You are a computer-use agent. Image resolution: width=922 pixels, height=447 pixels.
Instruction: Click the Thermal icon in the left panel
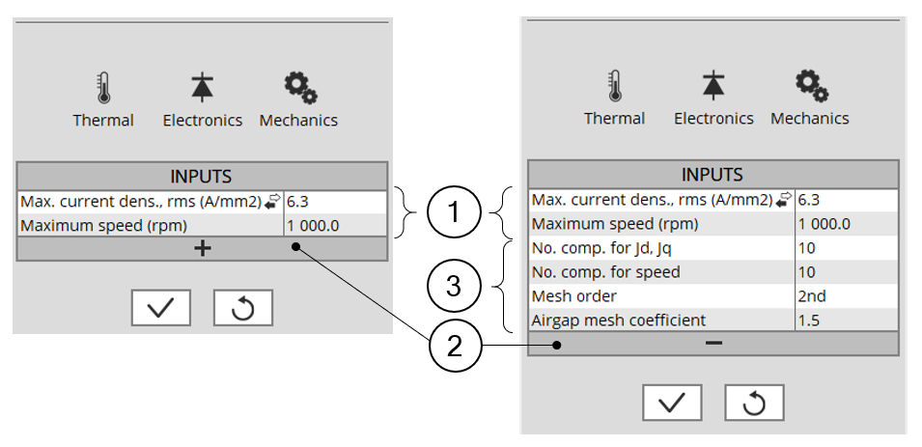[103, 89]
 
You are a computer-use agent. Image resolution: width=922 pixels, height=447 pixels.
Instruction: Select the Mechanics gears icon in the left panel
[299, 88]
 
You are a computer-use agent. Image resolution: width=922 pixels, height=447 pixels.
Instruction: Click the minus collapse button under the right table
[713, 343]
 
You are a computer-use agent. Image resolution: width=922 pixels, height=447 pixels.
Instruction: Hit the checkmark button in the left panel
[161, 308]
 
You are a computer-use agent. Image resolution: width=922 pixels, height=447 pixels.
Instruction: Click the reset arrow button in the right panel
[754, 403]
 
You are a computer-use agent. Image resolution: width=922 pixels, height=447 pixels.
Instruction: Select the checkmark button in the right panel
[673, 403]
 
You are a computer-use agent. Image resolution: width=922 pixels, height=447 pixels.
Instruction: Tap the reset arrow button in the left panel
[243, 308]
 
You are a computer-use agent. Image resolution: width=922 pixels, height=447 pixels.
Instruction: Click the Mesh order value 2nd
[811, 295]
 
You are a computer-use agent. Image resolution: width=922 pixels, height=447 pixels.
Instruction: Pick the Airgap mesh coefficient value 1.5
[809, 320]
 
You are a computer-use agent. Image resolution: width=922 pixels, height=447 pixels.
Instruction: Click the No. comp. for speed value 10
[807, 272]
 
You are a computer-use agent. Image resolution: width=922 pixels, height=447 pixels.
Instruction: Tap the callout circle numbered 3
[453, 286]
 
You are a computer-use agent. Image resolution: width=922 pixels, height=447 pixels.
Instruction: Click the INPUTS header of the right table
[712, 175]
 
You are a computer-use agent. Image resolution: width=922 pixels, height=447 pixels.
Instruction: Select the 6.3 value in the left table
[298, 202]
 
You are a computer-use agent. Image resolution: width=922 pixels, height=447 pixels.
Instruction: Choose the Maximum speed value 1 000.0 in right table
[824, 224]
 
